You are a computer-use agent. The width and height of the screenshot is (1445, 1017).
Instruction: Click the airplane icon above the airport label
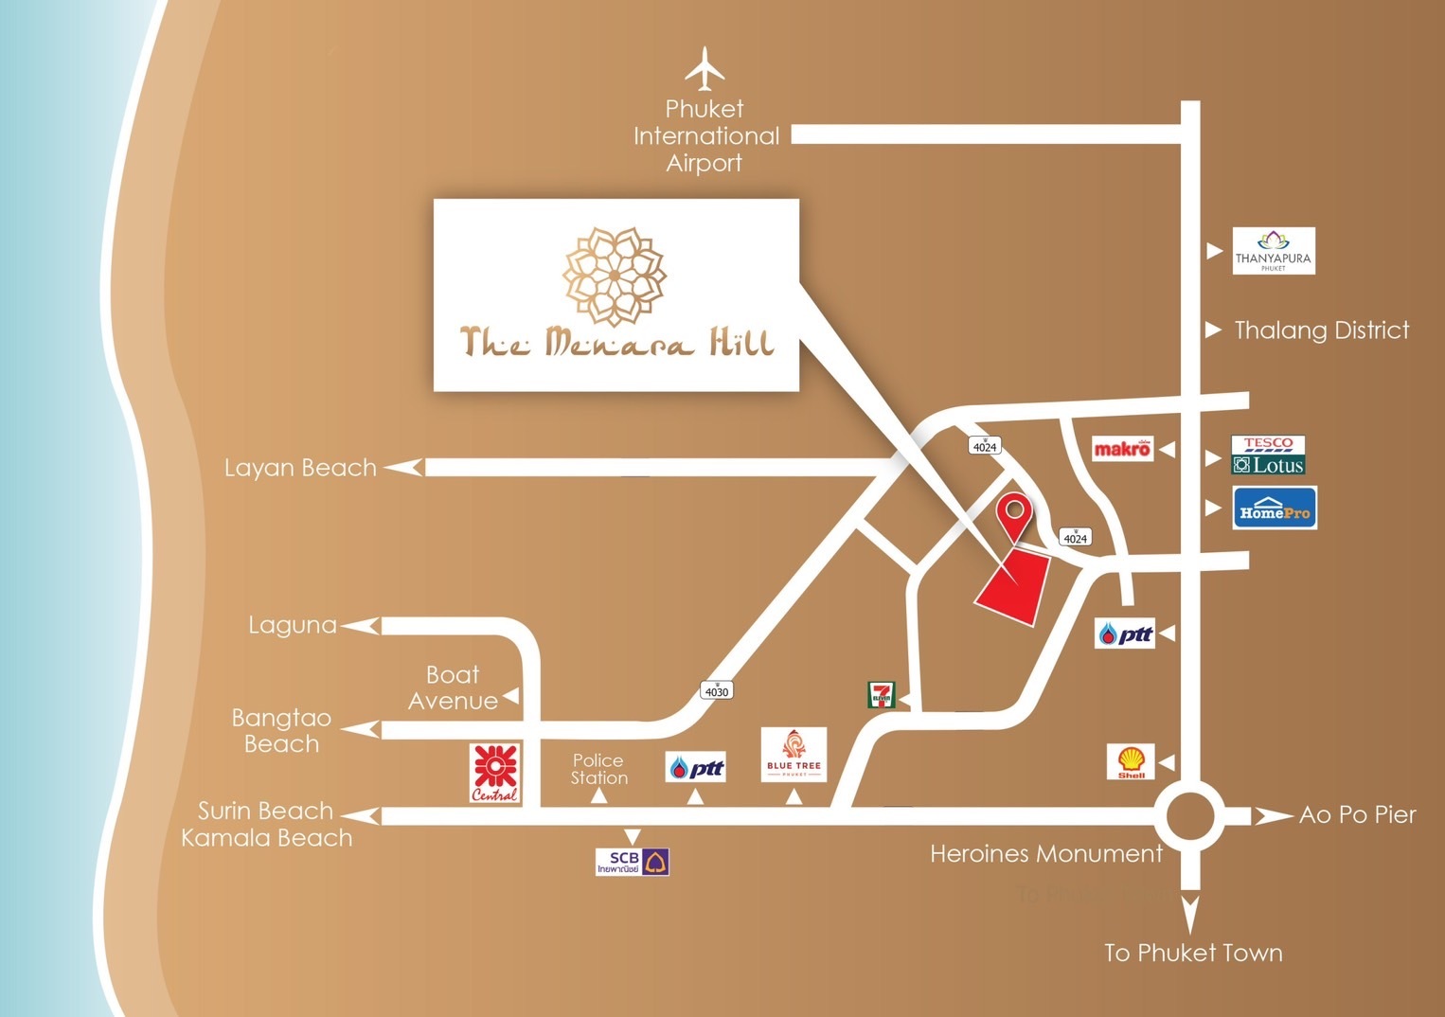705,67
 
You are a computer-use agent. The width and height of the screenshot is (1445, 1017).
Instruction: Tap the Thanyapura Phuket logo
1274,251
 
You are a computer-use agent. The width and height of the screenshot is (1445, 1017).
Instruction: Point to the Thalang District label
1321,330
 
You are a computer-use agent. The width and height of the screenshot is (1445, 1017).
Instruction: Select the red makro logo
1122,449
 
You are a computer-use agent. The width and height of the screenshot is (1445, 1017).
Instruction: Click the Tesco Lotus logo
1268,455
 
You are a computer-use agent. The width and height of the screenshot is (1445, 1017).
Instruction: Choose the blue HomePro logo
1275,508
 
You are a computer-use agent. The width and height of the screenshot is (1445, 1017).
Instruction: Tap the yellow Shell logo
1131,761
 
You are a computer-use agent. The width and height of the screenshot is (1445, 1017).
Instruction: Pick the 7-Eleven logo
881,696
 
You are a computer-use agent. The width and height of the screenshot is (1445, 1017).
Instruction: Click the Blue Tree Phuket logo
794,755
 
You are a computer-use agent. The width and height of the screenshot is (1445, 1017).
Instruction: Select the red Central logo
494,773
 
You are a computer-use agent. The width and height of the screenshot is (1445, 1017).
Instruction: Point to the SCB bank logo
633,862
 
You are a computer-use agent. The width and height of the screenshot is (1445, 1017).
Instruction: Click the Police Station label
598,769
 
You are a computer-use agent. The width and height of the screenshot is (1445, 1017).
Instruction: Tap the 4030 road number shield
717,691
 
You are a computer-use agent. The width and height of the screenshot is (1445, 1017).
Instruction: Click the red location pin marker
1014,515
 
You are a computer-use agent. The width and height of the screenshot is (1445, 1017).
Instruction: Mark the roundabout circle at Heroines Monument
1190,816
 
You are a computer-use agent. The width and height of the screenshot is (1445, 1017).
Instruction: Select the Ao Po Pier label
1357,815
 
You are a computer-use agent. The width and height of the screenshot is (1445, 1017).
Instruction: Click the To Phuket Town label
1193,953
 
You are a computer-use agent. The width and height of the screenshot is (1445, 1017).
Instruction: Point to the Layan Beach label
300,468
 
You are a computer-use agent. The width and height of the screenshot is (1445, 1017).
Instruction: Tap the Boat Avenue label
453,687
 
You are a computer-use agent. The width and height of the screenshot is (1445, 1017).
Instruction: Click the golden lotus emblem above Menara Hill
615,277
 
